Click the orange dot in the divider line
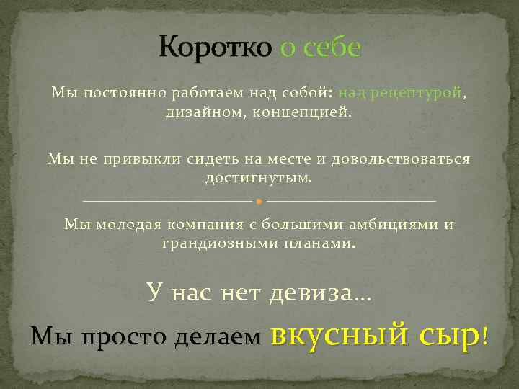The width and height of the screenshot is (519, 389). click(x=259, y=200)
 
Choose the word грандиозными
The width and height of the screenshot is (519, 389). click(x=210, y=243)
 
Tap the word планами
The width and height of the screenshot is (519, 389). click(x=323, y=243)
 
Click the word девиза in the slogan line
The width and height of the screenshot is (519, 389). click(x=311, y=292)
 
